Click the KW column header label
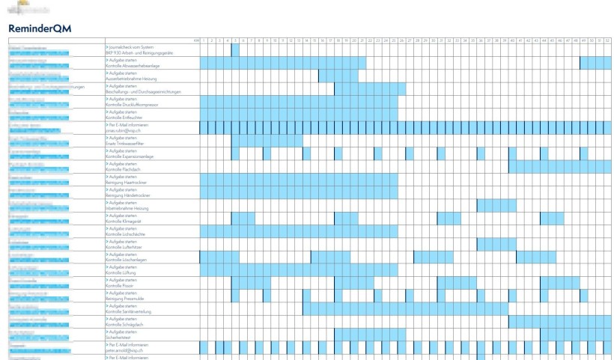click(x=195, y=40)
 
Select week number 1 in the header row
click(x=203, y=40)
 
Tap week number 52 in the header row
click(x=607, y=40)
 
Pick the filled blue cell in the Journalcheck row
click(x=235, y=49)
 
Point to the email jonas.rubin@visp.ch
click(x=124, y=130)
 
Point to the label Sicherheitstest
click(x=120, y=338)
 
